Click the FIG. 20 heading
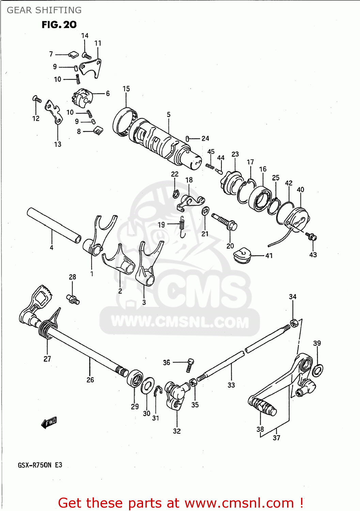59,25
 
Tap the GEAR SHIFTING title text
44,10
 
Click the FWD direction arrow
49,422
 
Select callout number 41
269,255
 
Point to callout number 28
73,277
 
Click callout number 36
166,362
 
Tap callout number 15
126,89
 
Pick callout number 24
205,138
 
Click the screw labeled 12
37,99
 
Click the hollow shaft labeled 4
54,225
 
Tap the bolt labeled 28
74,300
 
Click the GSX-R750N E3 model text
40,465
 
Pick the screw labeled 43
311,236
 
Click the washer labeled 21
205,211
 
